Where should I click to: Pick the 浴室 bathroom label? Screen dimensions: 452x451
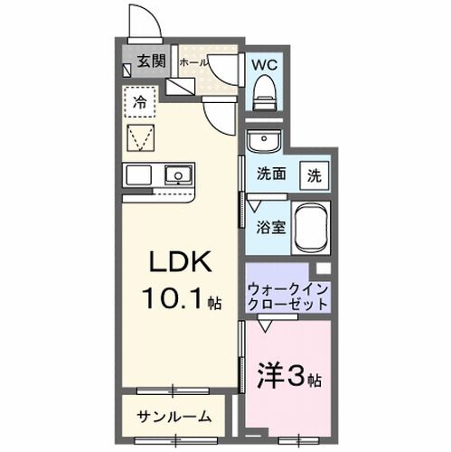click(x=274, y=226)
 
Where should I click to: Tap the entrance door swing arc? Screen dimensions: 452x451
click(x=142, y=23)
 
